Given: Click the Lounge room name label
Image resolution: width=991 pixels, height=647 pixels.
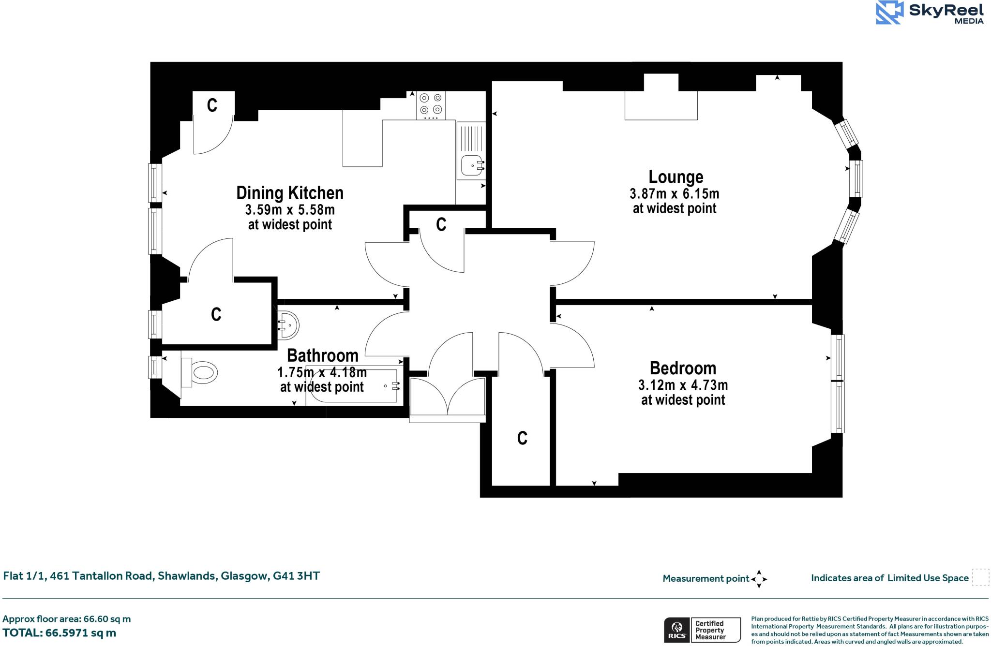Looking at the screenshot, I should coord(676,177).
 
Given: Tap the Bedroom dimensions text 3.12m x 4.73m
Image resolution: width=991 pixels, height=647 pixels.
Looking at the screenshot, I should coord(683,385).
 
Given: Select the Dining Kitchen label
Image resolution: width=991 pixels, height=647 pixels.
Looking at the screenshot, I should coord(289,193).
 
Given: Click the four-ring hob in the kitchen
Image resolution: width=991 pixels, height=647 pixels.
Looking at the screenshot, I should coord(431,104).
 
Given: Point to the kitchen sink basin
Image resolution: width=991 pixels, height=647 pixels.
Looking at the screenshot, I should coord(471,165).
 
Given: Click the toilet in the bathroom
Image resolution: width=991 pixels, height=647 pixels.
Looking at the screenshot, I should coord(201,373).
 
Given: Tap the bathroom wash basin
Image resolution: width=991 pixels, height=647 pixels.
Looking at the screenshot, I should coord(288,325).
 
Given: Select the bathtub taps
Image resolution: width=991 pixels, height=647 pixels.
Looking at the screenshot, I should coord(395,385).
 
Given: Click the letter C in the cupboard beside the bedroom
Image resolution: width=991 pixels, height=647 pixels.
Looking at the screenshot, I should coord(522,438).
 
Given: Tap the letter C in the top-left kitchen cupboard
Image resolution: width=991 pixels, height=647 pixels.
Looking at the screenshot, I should coord(212,105).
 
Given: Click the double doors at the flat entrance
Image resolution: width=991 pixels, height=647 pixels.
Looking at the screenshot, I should coord(447,397).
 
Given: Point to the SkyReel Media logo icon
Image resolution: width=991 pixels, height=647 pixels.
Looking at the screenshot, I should coord(889,13).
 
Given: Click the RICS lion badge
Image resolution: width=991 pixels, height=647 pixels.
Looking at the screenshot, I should coord(676,630).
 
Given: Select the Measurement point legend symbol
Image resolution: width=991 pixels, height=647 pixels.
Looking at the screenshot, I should coord(759,579).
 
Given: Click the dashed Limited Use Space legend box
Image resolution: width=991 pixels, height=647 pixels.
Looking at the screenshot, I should coord(980,577).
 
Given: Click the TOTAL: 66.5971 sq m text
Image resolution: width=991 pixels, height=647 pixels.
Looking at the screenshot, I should coord(59,633).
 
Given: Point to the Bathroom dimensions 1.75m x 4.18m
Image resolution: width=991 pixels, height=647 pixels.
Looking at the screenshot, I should coord(322,372).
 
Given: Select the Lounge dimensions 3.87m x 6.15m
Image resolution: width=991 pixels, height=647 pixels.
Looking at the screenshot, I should coord(674,194).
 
